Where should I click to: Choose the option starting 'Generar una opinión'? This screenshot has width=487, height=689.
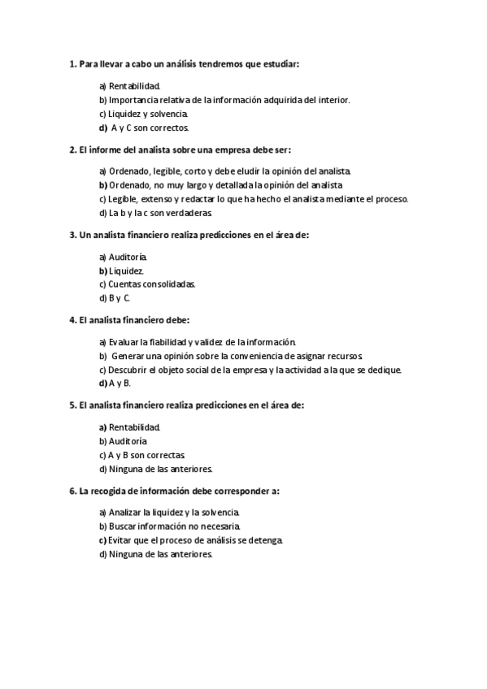(237, 356)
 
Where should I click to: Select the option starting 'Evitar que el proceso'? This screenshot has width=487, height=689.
(195, 540)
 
